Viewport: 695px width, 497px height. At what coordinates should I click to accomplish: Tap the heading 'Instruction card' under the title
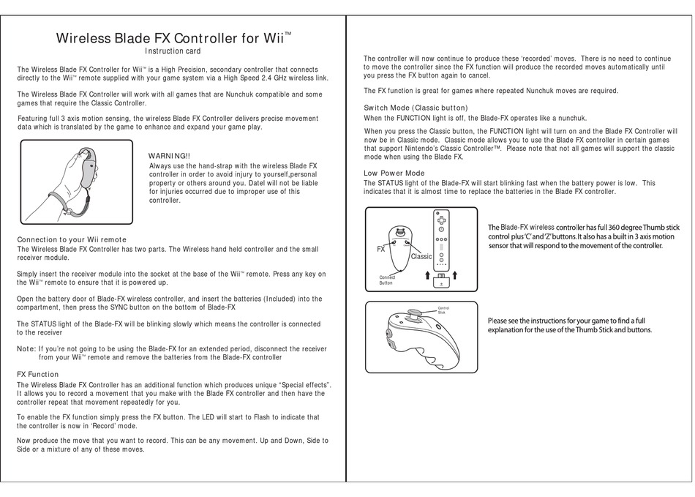[173, 51]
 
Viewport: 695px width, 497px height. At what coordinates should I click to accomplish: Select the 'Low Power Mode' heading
[394, 173]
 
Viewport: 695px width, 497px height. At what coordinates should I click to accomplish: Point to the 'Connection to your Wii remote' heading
[71, 239]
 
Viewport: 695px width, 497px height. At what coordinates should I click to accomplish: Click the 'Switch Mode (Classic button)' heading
[416, 108]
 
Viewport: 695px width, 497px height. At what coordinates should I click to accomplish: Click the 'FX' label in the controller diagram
[381, 249]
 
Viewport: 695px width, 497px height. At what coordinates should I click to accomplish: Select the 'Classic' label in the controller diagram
[422, 257]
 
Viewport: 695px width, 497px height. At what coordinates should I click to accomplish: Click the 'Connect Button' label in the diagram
[387, 280]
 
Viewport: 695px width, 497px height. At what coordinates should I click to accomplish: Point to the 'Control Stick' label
[443, 310]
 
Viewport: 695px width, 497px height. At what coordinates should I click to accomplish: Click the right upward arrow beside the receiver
[454, 276]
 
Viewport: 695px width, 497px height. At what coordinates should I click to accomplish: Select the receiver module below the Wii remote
[440, 281]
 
